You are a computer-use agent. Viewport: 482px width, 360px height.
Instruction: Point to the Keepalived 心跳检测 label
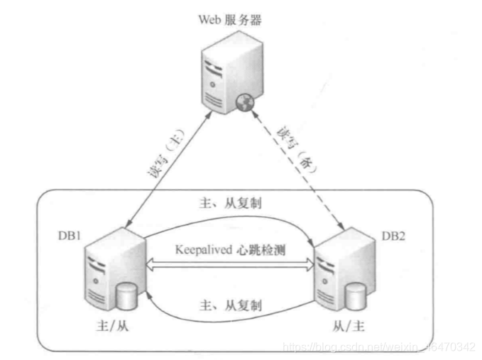[x=229, y=251]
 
